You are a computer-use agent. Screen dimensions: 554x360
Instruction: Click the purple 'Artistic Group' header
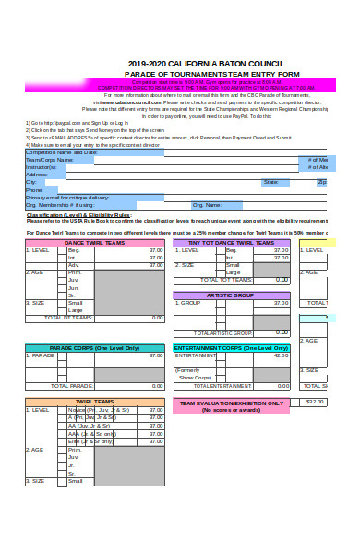(231, 295)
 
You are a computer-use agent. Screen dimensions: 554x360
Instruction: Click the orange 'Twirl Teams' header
(95, 402)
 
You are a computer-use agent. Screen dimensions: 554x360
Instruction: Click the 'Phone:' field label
(35, 190)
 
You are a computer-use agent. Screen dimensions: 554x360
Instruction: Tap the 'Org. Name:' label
(207, 205)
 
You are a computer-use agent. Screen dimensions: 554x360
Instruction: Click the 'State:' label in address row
(270, 182)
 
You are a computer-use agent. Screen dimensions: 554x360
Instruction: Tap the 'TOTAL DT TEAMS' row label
(69, 317)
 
